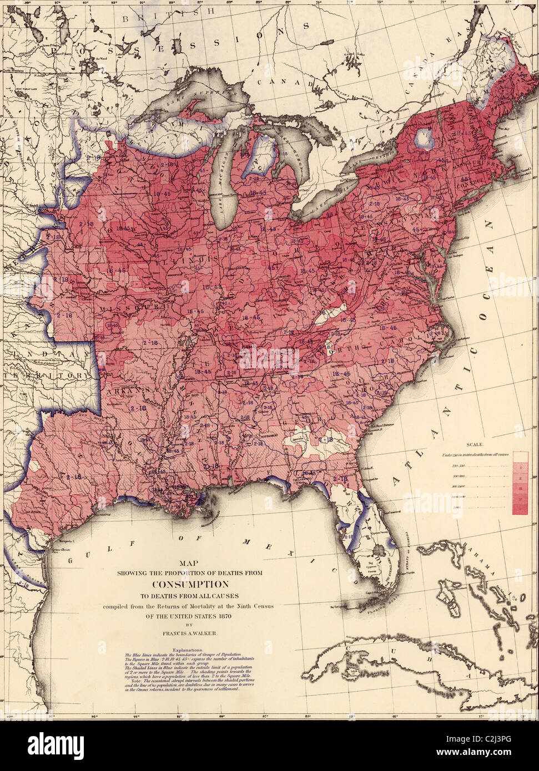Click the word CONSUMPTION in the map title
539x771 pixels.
pos(190,584)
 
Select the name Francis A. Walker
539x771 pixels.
pos(190,631)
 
